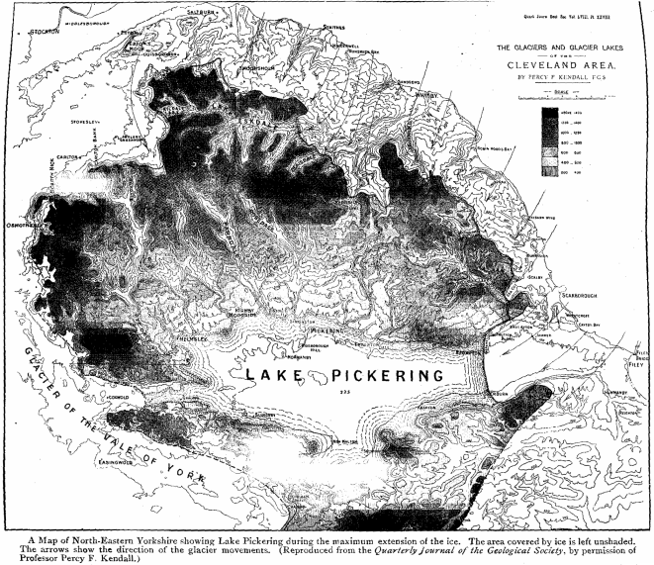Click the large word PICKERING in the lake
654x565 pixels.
coord(389,377)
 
